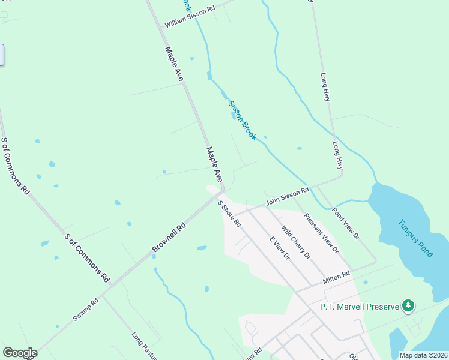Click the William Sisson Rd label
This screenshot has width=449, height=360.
click(190, 18)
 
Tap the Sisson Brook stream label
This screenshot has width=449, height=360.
click(243, 121)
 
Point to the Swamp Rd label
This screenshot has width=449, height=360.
click(86, 310)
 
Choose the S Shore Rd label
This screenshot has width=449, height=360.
click(230, 214)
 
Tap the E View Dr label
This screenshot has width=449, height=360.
click(279, 248)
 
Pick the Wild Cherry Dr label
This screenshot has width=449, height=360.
click(296, 242)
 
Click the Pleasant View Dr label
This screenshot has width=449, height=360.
click(322, 232)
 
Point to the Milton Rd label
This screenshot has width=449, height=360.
click(336, 277)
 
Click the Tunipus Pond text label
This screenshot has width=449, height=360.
click(415, 238)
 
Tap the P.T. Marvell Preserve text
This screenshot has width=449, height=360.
click(360, 307)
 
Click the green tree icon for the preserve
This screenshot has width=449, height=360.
click(408, 306)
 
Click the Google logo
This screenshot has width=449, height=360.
click(20, 353)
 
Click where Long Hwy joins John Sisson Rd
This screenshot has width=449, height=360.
click(342, 176)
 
